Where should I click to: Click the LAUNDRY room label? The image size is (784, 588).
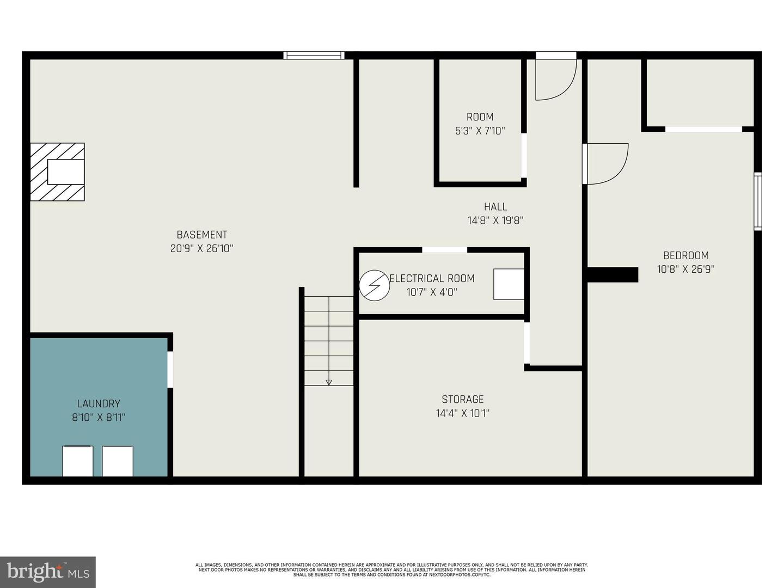point(99,404)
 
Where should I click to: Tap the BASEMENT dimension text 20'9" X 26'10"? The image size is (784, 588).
point(202,248)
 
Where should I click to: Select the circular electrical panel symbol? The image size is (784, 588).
point(374,285)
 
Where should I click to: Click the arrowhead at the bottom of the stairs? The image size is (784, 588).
point(329,383)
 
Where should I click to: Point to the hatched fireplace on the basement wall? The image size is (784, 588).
point(57,172)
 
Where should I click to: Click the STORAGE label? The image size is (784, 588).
point(463,399)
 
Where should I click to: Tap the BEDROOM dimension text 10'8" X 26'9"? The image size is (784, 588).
point(686,269)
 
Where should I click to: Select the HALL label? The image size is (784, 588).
point(495,207)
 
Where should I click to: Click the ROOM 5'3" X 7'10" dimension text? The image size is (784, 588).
point(480,131)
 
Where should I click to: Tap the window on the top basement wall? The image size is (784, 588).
point(314,56)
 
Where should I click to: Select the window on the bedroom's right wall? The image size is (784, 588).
point(758,201)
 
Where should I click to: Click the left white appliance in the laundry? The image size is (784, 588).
point(77,461)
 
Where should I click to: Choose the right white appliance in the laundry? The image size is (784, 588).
point(118,461)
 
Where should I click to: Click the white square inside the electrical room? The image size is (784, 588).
point(509,284)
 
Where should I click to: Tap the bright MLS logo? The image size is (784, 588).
point(48,572)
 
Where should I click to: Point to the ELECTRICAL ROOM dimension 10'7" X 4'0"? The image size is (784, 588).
point(432,292)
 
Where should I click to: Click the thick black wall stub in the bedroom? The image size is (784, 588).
point(613,275)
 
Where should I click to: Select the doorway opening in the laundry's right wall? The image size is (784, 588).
point(170,369)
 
